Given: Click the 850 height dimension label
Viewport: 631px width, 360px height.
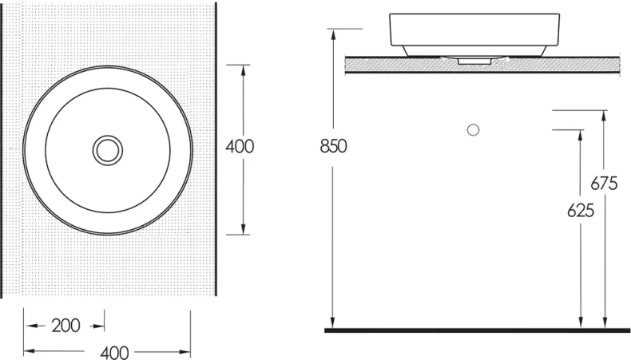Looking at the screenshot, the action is pyautogui.click(x=333, y=146).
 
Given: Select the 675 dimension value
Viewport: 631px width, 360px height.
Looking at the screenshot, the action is pyautogui.click(x=604, y=184).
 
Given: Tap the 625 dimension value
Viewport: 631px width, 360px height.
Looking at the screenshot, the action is pyautogui.click(x=581, y=211).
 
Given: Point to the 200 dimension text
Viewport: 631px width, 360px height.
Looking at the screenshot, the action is pyautogui.click(x=66, y=326).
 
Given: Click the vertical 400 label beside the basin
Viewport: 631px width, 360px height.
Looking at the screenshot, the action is pyautogui.click(x=240, y=146).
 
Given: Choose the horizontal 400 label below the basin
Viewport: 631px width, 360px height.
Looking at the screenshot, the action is pyautogui.click(x=115, y=353).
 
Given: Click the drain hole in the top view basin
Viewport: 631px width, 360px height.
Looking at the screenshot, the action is pyautogui.click(x=108, y=150).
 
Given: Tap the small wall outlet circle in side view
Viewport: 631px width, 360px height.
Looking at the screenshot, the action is pyautogui.click(x=473, y=130).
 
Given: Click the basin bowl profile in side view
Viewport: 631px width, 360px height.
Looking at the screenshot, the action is pyautogui.click(x=474, y=35).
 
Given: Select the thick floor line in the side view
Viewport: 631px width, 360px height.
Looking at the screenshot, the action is pyautogui.click(x=478, y=330).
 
